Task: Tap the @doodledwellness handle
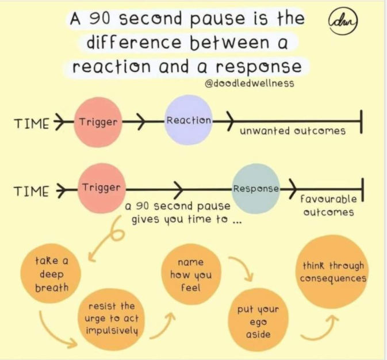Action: click(x=249, y=83)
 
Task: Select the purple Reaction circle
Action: click(x=188, y=120)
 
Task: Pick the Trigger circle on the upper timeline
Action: click(x=98, y=121)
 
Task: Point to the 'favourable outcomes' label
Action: click(x=328, y=205)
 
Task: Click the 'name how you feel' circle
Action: click(x=190, y=274)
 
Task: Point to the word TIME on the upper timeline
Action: click(x=31, y=122)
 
